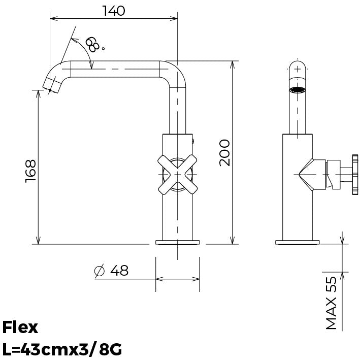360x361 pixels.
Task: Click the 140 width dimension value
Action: coord(113,11)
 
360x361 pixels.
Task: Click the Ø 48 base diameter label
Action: coord(111,271)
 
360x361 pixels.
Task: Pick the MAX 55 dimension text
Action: coord(331,303)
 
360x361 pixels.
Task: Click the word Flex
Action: coord(20,327)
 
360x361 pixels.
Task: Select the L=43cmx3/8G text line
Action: coord(62,350)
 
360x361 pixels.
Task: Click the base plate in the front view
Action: coord(177,242)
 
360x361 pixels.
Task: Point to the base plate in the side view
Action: coord(298,242)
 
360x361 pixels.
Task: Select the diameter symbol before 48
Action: coord(100,272)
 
